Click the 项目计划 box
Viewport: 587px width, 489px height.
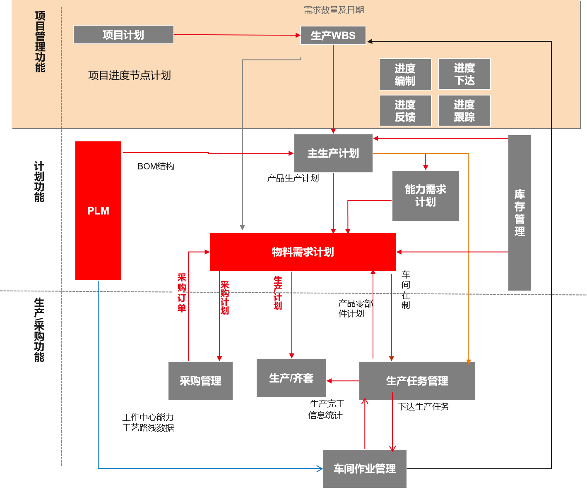click(x=123, y=35)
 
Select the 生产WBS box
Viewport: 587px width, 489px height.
click(x=333, y=36)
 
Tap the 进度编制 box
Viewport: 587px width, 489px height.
click(x=405, y=74)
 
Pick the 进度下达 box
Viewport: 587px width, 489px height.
click(x=464, y=74)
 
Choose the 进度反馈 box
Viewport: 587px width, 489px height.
click(x=405, y=111)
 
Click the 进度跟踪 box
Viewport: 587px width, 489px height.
click(x=464, y=111)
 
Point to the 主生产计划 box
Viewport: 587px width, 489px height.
click(x=333, y=153)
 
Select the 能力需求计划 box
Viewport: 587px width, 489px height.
click(x=426, y=196)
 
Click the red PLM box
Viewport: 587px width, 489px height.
click(x=98, y=211)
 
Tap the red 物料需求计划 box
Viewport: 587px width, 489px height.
click(x=303, y=252)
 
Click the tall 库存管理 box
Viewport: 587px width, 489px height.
click(x=520, y=213)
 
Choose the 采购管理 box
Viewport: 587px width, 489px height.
click(x=200, y=381)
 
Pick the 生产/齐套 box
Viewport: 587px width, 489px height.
click(x=291, y=378)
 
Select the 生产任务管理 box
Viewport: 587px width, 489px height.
click(x=417, y=381)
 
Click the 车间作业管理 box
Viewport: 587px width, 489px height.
click(x=365, y=469)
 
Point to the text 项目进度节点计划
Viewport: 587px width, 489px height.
click(x=129, y=76)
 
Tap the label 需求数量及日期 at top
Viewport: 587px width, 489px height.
click(x=334, y=10)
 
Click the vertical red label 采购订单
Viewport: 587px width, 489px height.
click(x=182, y=292)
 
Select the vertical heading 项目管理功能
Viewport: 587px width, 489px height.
click(x=40, y=42)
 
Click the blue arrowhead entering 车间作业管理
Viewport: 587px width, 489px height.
click(x=320, y=468)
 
